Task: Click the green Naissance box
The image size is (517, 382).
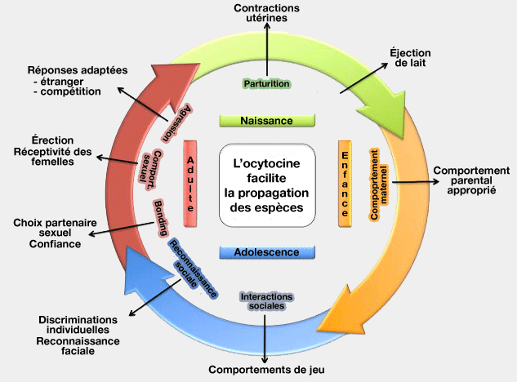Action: point(267,121)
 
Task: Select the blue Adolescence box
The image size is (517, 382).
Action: point(267,252)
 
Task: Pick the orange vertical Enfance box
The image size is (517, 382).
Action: point(345,184)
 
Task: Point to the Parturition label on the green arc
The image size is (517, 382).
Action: point(267,83)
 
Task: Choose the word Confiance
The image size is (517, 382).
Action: point(56,243)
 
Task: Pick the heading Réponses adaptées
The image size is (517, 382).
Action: point(78,69)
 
